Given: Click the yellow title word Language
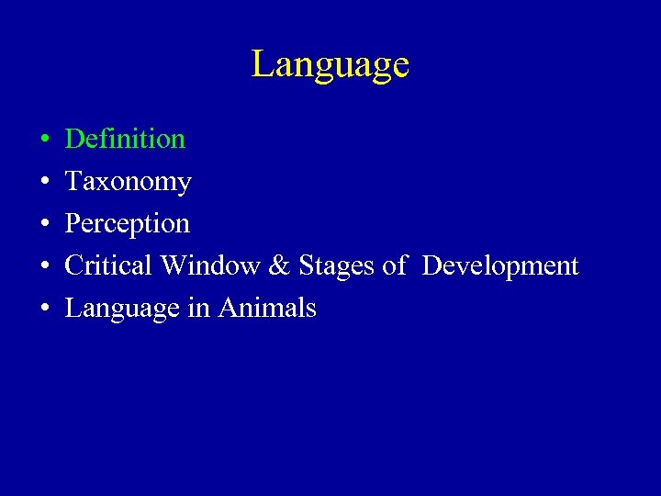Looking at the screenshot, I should pos(330,65).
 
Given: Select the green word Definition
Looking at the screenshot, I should pos(125,139).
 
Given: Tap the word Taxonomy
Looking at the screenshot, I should pos(128,182).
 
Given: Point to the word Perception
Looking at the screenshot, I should pos(127,224).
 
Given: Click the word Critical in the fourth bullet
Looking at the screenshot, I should pos(108,265).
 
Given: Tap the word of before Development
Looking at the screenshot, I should pos(394,265).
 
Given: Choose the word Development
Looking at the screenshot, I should pos(500,266).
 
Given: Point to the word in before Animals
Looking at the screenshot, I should pos(198,308).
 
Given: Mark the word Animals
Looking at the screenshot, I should pos(267,308).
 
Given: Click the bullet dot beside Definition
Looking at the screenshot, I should pos(45,141).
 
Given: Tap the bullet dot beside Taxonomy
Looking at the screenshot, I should pos(45,183).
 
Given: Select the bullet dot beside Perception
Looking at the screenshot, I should pos(45,225).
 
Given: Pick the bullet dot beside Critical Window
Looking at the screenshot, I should pos(45,267).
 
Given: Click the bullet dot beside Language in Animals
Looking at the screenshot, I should pos(45,310).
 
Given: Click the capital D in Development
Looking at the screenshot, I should pos(431,265).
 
